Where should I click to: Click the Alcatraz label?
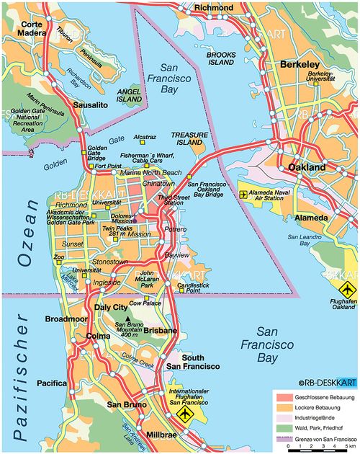145,137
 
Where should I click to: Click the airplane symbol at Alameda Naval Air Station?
243,194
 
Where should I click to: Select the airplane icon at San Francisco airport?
186,414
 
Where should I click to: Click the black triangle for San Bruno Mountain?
129,319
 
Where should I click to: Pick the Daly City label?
111,308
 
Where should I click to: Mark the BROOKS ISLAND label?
220,58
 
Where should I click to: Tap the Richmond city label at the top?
213,7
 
